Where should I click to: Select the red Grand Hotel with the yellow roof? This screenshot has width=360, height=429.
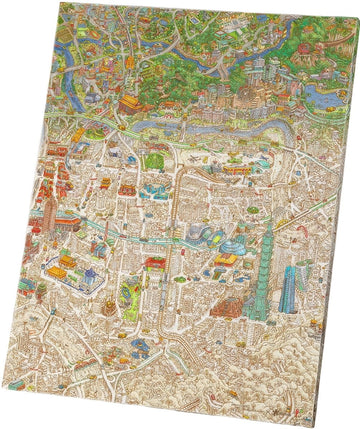132,103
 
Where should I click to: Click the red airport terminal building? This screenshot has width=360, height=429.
237,169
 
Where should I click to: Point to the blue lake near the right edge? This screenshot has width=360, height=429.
318,95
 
